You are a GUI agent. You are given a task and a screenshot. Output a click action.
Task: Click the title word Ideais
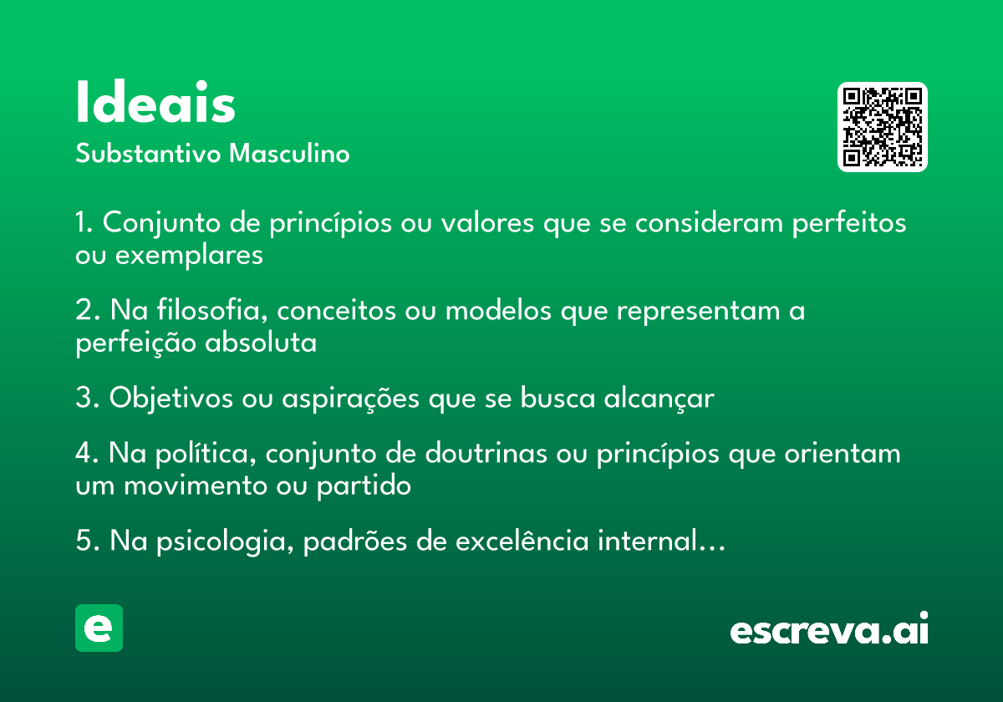click(x=155, y=101)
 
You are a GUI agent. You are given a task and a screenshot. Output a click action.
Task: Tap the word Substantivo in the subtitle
click(x=148, y=153)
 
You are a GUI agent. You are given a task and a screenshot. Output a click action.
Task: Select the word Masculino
click(x=289, y=153)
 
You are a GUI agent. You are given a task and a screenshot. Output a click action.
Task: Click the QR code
click(x=882, y=127)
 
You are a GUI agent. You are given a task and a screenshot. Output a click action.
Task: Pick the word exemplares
click(x=189, y=256)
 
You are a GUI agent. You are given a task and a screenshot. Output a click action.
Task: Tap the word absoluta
click(x=261, y=343)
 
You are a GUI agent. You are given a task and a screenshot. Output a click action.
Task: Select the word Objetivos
click(x=171, y=398)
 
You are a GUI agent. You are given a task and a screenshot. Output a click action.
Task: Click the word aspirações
click(x=350, y=399)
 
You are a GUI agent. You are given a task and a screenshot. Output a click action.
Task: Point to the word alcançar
click(x=659, y=398)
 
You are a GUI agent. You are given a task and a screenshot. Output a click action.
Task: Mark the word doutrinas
click(x=486, y=453)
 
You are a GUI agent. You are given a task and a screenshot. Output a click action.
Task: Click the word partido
click(x=364, y=486)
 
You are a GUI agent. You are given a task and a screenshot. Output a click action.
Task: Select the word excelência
click(x=522, y=540)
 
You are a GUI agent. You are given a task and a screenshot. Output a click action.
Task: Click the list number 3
click(x=86, y=398)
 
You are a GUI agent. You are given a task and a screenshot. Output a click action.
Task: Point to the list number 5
click(x=86, y=541)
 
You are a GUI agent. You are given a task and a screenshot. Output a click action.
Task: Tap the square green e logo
click(x=99, y=628)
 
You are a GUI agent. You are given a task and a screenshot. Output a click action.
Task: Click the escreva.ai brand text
click(x=829, y=628)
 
